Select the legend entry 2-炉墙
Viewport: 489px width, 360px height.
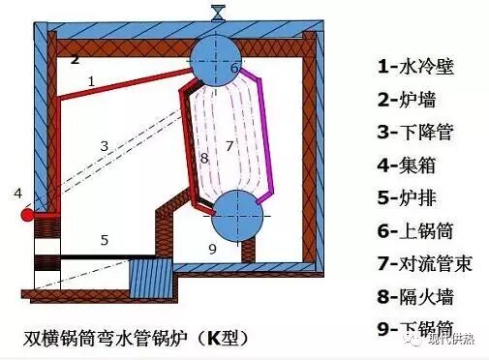pos(408,99)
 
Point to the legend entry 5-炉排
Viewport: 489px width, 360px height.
pos(408,197)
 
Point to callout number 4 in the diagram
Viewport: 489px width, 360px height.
pos(17,194)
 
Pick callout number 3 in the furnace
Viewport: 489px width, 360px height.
pos(105,146)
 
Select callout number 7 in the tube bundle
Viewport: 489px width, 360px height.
pos(229,145)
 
